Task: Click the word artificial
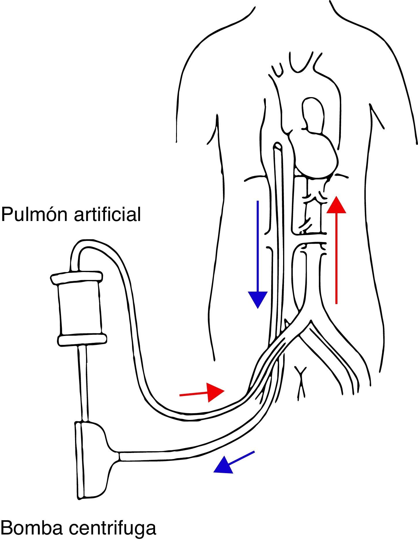coord(108,215)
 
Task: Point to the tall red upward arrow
coord(336,251)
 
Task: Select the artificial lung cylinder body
coord(80,308)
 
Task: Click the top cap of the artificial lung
coord(77,277)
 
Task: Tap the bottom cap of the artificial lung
coord(83,339)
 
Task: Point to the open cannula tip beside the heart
coord(278,146)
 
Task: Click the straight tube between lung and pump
coord(84,383)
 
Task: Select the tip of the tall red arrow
coord(336,199)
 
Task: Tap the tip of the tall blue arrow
coord(258,307)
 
